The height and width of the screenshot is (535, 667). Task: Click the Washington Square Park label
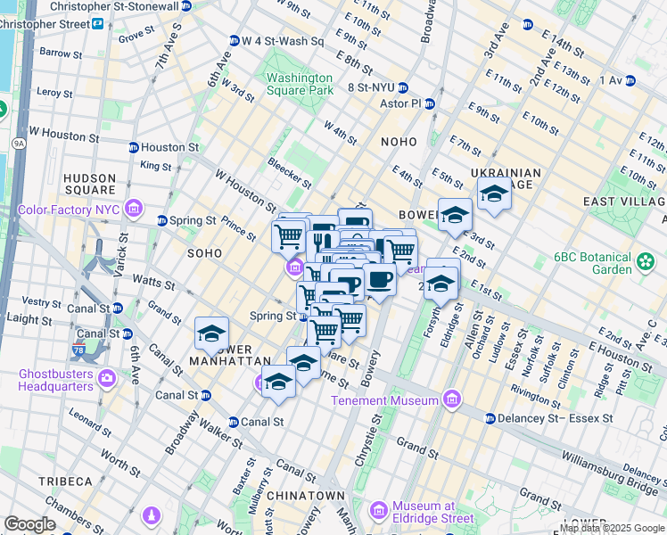[299, 84]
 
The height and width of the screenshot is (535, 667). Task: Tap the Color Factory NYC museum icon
[134, 210]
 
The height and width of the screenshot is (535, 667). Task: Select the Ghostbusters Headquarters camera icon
[106, 379]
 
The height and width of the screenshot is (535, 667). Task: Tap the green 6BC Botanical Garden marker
[646, 262]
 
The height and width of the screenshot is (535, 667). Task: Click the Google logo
[29, 524]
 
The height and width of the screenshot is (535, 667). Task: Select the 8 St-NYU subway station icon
[403, 87]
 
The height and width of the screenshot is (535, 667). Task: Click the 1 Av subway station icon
[630, 80]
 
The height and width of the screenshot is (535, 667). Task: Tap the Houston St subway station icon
[133, 147]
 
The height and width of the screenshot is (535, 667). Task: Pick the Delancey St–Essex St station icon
[490, 417]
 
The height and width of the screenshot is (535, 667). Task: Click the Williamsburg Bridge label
[602, 464]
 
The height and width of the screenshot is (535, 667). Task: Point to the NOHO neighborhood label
[398, 142]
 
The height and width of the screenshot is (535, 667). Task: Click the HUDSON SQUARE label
[90, 184]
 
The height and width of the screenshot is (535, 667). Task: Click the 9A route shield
[18, 142]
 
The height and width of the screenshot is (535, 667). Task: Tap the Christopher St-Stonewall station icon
[185, 6]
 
